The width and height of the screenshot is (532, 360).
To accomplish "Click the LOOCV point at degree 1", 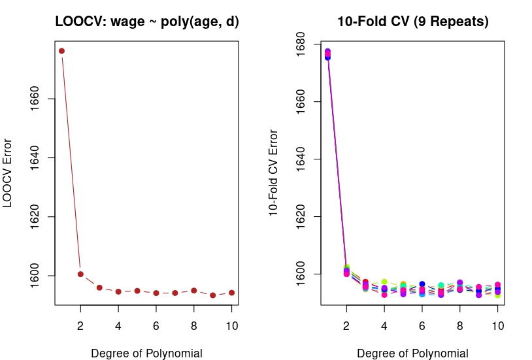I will (x=61, y=51).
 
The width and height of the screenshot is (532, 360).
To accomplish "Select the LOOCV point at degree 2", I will (x=80, y=274).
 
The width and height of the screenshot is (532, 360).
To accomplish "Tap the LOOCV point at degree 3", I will (x=99, y=287).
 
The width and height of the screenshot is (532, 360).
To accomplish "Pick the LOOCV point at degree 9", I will (x=213, y=295).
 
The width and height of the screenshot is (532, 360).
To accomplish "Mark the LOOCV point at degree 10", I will (x=231, y=293).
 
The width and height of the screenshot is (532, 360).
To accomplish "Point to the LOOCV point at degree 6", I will (x=156, y=293).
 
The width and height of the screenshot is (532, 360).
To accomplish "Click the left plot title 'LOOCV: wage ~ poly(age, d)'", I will (x=147, y=22).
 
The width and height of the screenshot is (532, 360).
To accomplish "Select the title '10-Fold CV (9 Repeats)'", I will (x=413, y=22).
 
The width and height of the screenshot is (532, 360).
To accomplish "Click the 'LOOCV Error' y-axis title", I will (x=8, y=173).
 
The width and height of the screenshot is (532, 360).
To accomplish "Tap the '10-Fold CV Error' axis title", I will (x=274, y=173).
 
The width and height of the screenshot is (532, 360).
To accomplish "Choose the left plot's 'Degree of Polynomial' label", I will (x=147, y=353).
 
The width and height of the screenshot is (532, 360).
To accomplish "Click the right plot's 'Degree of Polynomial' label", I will (x=413, y=353).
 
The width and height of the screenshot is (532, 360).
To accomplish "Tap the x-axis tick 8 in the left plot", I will (x=194, y=322).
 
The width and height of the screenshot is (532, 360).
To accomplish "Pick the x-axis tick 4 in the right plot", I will (x=384, y=322).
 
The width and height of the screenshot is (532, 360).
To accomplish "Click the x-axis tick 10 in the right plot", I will (x=497, y=322).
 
